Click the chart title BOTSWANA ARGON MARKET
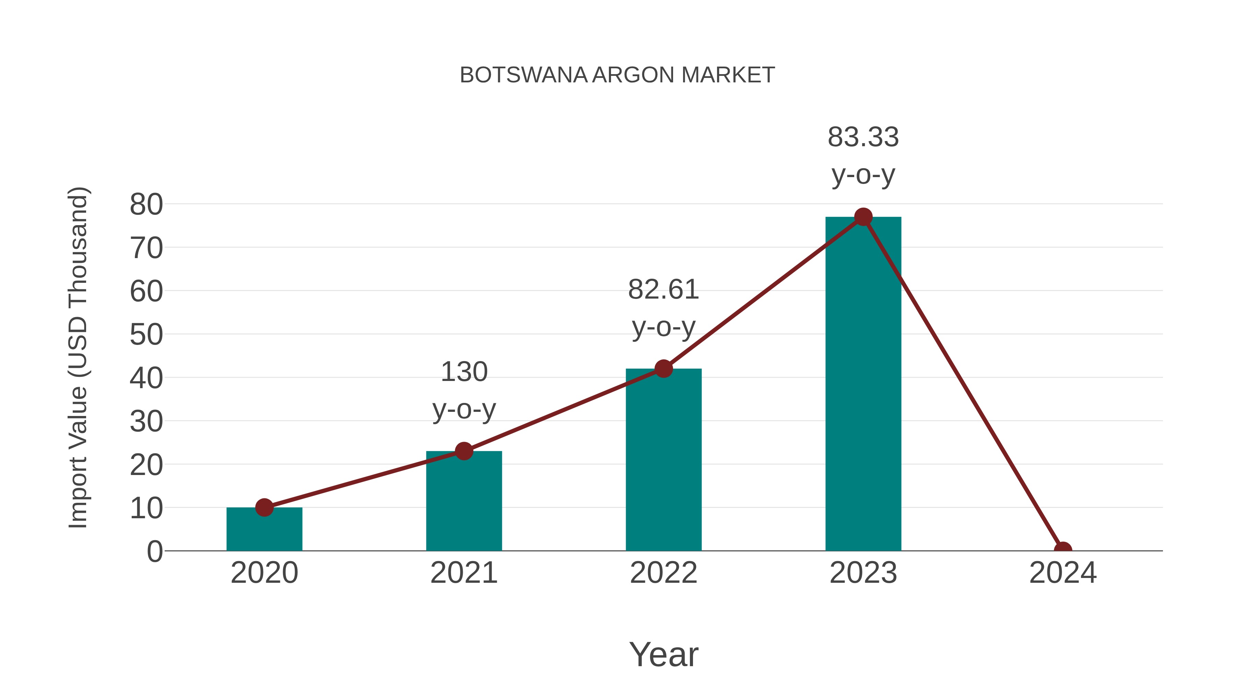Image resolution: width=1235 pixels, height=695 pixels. point(617,75)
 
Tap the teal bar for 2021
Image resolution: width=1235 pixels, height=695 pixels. point(463,503)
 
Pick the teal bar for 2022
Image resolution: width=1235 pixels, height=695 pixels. point(663,461)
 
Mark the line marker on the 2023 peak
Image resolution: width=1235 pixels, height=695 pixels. point(863,217)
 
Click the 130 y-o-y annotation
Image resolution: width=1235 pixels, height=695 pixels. point(463,391)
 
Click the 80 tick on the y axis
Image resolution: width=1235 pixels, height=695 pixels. point(146,205)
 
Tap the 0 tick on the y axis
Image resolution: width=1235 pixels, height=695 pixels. point(154,552)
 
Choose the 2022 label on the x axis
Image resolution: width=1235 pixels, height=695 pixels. point(663,573)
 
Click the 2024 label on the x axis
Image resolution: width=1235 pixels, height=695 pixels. point(1063,573)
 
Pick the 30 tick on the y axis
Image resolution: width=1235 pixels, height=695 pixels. point(146,422)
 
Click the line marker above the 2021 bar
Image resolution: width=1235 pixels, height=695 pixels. point(463,451)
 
